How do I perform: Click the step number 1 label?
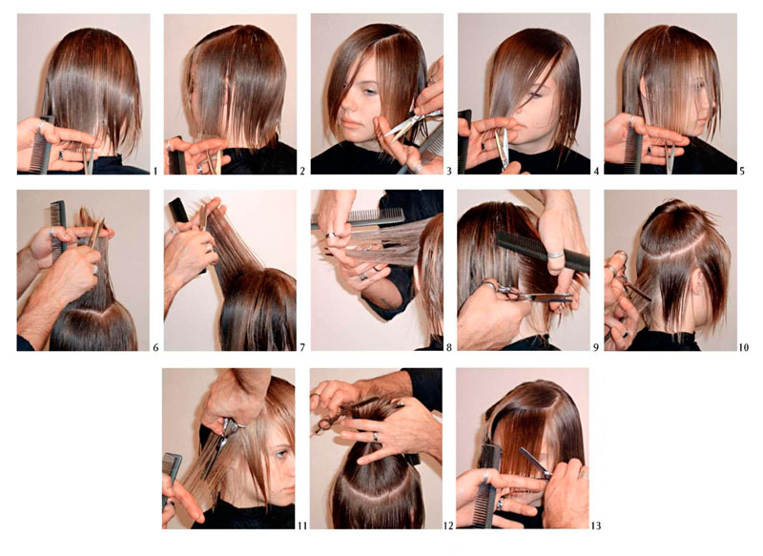(x=155, y=171)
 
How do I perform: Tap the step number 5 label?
(x=742, y=171)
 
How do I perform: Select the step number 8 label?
(x=448, y=347)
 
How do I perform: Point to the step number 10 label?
(x=744, y=347)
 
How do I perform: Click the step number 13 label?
(x=595, y=525)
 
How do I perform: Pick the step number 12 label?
(x=448, y=525)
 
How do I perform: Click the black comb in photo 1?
(x=41, y=144)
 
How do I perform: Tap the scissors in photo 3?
(x=411, y=122)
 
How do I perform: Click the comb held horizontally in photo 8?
(x=359, y=217)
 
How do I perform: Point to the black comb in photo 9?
(x=543, y=251)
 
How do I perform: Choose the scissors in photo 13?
(x=535, y=463)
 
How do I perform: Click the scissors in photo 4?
(x=503, y=149)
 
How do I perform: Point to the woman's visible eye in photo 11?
(x=280, y=454)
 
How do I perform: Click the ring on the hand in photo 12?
(x=375, y=437)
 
